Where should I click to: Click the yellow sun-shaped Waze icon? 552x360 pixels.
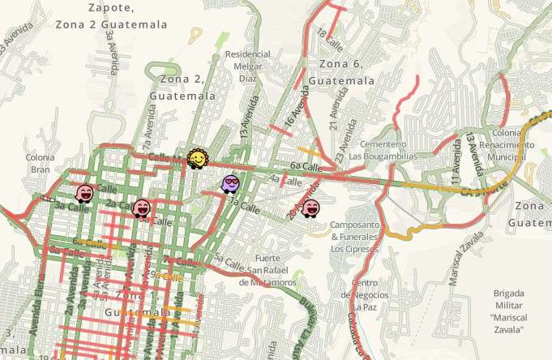(x=195, y=158)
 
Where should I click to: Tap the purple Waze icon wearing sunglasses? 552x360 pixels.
(x=231, y=184)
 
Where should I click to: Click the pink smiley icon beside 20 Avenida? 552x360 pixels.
(x=310, y=208)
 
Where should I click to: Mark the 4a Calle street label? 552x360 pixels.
(x=279, y=178)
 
